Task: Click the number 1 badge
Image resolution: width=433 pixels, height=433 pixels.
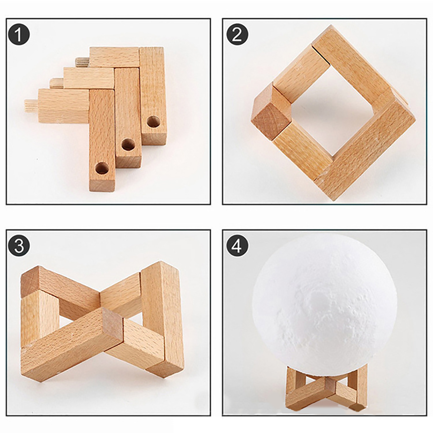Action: point(19,35)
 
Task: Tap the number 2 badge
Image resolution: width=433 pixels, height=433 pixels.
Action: point(237,35)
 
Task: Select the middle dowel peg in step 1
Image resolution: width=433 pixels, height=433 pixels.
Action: point(57,83)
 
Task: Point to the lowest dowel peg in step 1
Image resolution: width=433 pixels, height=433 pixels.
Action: point(32,106)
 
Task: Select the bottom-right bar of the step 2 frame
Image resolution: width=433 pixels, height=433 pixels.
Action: point(365,152)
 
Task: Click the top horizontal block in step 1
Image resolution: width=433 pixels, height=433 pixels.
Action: point(114,57)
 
